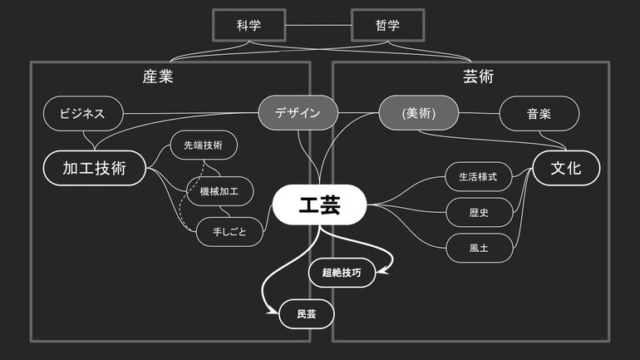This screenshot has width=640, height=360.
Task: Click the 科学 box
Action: click(x=249, y=25)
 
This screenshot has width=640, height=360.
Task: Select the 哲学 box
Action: click(x=387, y=25)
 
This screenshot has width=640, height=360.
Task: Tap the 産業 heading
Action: click(x=163, y=77)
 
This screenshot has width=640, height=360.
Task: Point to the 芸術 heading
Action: click(x=478, y=77)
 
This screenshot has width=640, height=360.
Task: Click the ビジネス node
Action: click(x=82, y=113)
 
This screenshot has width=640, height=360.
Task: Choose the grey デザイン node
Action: click(x=298, y=113)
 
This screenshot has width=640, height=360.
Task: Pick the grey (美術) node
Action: click(x=418, y=113)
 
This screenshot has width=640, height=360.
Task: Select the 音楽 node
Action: click(x=539, y=113)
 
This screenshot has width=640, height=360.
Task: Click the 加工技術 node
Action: click(x=94, y=168)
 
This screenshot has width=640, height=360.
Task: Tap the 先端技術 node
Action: click(x=203, y=145)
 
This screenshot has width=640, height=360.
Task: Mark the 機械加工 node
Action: click(x=219, y=192)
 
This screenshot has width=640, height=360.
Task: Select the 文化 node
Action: click(x=566, y=168)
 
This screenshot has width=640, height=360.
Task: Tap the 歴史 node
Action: click(x=479, y=212)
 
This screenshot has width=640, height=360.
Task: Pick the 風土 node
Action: click(x=479, y=248)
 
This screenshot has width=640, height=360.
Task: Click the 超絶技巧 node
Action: click(x=342, y=273)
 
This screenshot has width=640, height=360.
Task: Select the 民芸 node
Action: click(x=306, y=314)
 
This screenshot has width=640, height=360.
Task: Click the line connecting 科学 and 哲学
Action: click(x=318, y=25)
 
